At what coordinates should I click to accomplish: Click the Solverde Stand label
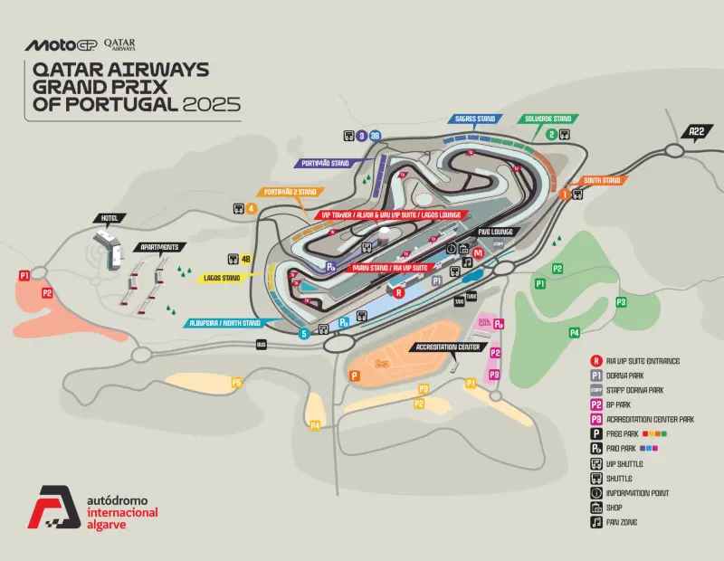pyautogui.click(x=549, y=119)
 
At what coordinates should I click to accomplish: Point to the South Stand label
pyautogui.click(x=602, y=180)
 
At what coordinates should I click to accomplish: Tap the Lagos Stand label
pyautogui.click(x=221, y=278)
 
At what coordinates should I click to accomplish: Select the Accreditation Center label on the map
pyautogui.click(x=448, y=347)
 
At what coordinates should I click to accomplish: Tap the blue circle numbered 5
pyautogui.click(x=304, y=334)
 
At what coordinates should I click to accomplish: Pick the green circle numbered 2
pyautogui.click(x=550, y=135)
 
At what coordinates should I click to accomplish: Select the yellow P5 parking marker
pyautogui.click(x=236, y=383)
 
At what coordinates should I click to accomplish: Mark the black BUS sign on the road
pyautogui.click(x=262, y=345)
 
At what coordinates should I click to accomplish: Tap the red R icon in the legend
pyautogui.click(x=596, y=361)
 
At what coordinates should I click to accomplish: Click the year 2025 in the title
pyautogui.click(x=212, y=103)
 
